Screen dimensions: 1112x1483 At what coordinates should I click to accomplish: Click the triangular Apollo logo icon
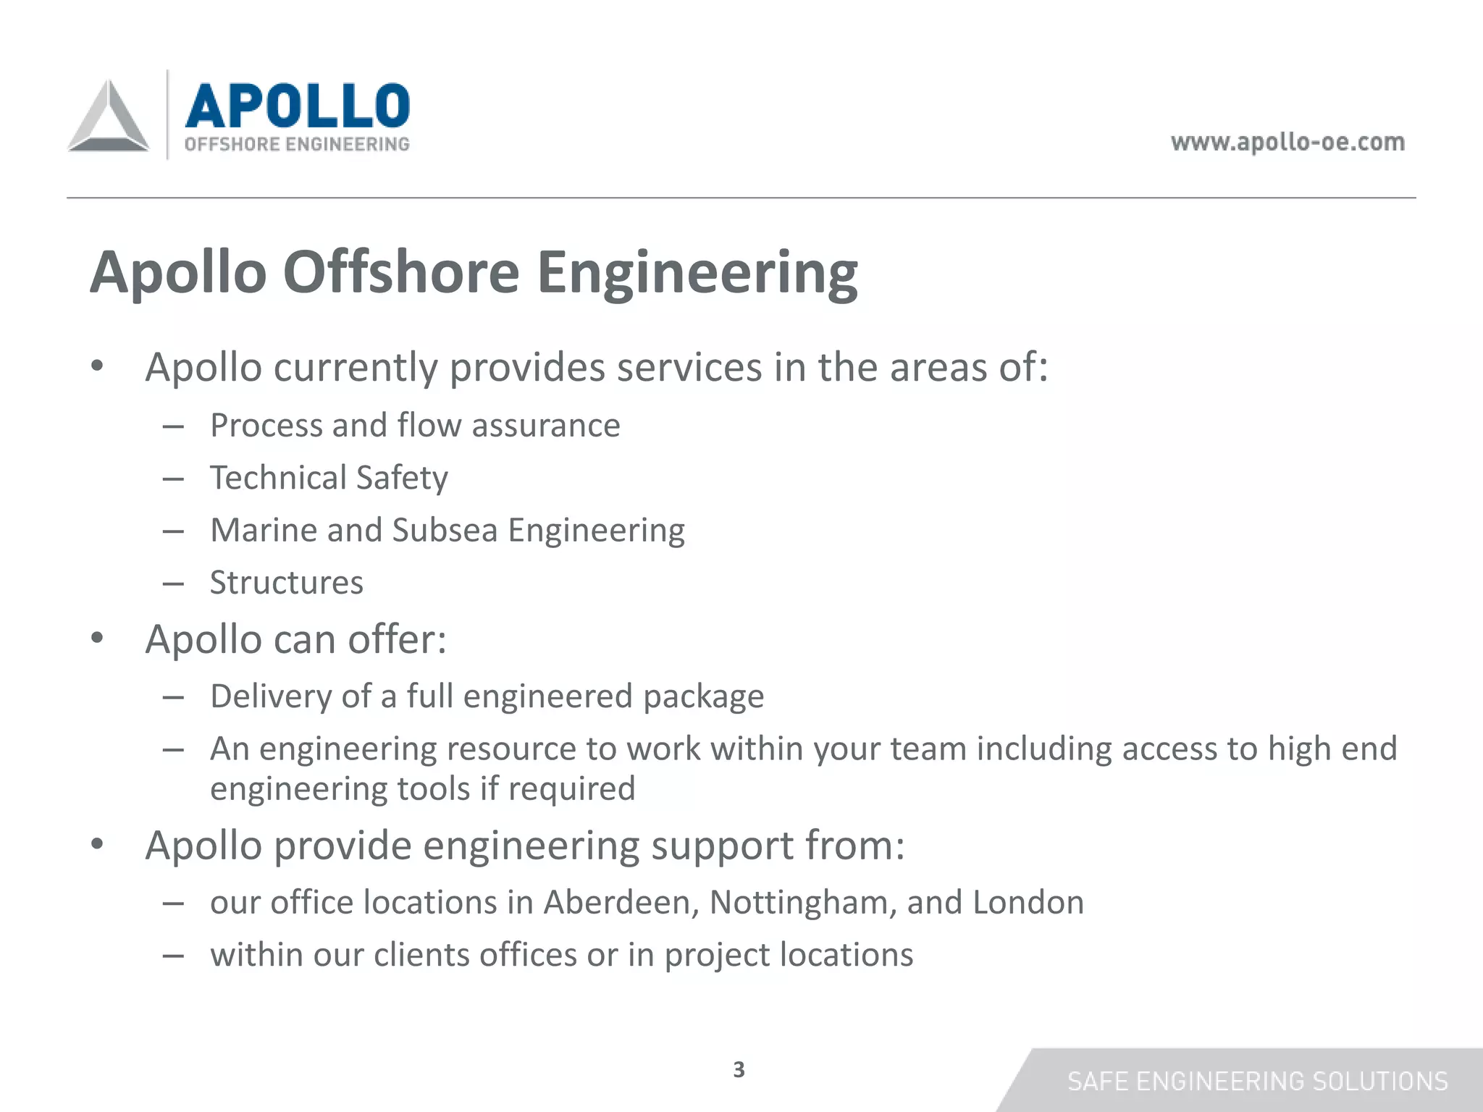click(x=109, y=117)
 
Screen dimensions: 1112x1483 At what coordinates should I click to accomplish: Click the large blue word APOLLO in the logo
click(x=298, y=106)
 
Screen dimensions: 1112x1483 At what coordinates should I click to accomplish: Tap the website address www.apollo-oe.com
click(x=1287, y=142)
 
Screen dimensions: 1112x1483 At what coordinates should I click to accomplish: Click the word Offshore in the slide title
click(x=401, y=272)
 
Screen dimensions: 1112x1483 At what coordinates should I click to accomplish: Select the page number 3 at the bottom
click(x=739, y=1069)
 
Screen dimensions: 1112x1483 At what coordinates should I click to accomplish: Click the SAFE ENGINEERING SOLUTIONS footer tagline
click(x=1258, y=1082)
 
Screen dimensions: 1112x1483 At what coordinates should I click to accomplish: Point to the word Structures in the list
click(x=287, y=583)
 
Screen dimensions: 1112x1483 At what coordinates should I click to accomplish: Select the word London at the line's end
click(x=1028, y=903)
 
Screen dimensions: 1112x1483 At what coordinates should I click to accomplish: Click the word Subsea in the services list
click(x=445, y=531)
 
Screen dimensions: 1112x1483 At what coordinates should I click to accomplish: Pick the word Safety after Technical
click(x=402, y=479)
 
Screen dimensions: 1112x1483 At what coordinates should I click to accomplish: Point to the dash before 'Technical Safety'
click(x=173, y=479)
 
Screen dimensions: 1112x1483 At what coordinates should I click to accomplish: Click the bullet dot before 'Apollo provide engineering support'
click(x=98, y=845)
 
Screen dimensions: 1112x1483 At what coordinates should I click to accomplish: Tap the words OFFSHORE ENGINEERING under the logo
click(x=297, y=144)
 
